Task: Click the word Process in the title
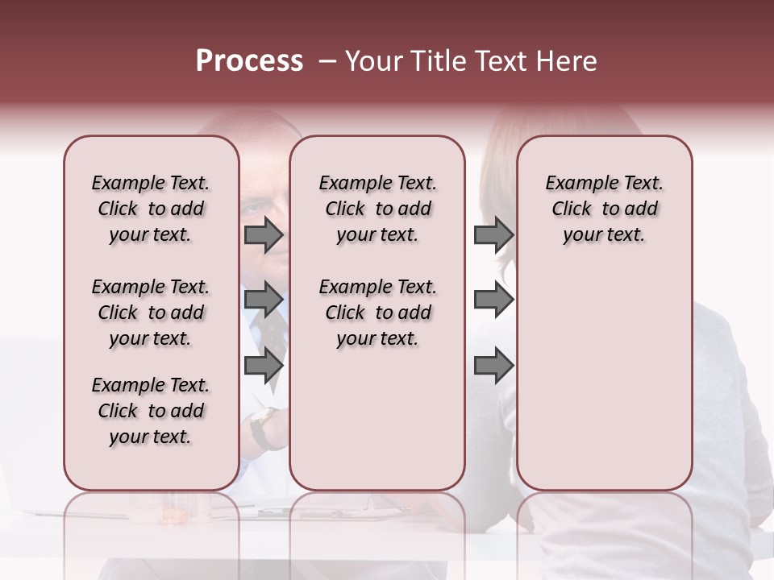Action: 249,61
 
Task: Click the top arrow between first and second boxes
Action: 264,235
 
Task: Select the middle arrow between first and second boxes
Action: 264,300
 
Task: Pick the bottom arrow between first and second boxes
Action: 264,366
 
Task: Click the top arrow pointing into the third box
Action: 493,235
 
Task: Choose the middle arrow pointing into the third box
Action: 493,300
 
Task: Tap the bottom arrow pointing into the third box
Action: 493,366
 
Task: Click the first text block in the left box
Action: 151,209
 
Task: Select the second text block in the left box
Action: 151,313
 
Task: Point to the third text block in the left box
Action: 151,411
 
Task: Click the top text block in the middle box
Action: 377,209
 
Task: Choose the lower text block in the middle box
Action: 377,313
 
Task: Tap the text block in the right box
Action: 604,209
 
